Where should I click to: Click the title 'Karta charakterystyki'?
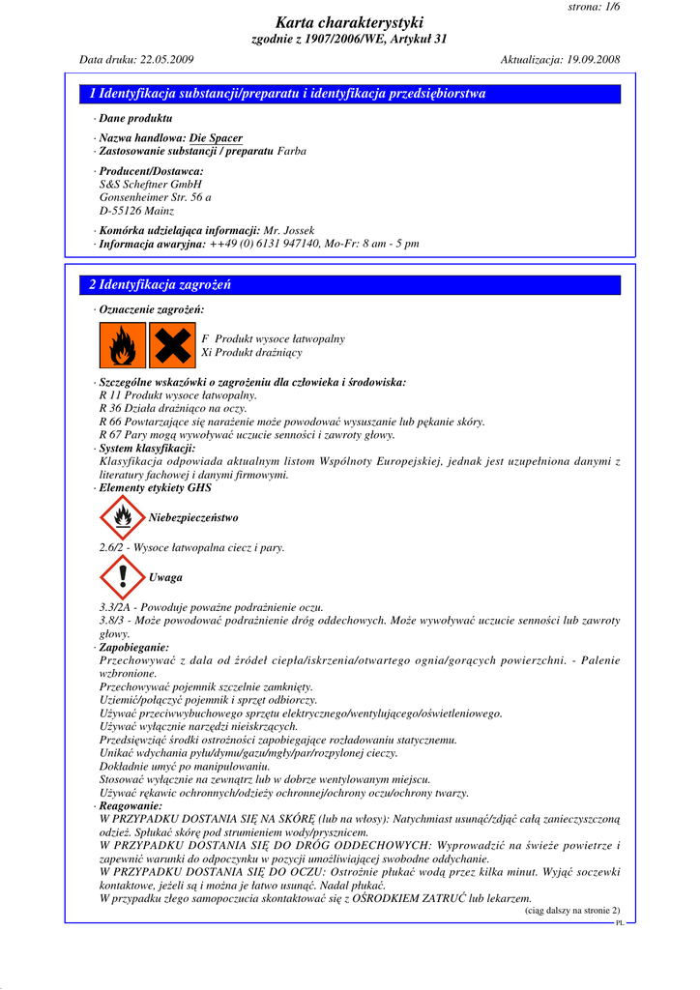pos(349,22)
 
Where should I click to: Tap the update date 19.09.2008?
pos(590,60)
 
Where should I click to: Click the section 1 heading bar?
pos(349,95)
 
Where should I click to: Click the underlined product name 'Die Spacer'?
pos(216,138)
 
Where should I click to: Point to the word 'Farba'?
pos(293,152)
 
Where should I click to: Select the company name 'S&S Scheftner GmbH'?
pos(150,184)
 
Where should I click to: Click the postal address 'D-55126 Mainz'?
pos(136,211)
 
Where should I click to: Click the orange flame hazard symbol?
pos(123,345)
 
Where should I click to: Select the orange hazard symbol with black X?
pos(173,345)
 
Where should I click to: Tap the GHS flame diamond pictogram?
pos(122,518)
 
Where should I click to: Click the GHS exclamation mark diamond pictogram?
pos(122,577)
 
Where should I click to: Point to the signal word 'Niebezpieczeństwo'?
pos(193,518)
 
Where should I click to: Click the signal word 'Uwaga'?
pos(165,577)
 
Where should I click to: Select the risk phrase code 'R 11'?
pos(110,395)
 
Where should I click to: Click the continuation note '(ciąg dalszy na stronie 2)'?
pos(571,911)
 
